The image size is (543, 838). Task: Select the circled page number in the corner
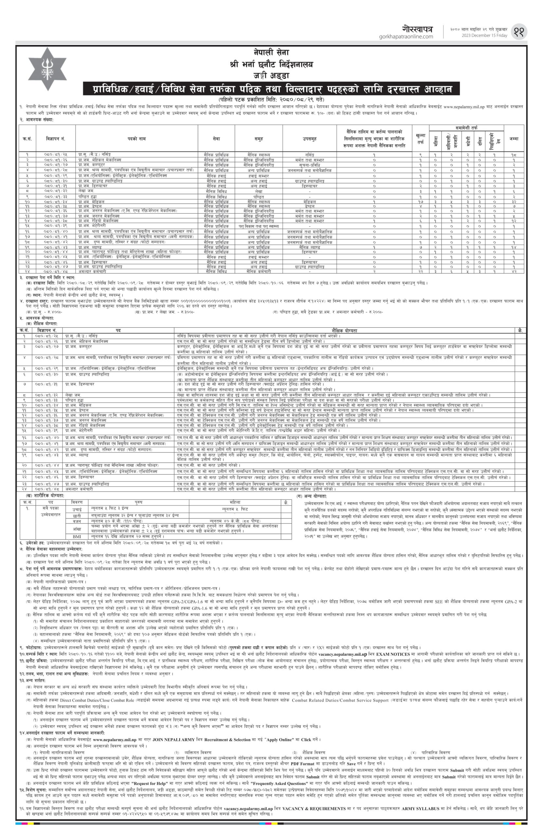click(520, 31)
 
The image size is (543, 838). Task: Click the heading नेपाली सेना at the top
click(271, 52)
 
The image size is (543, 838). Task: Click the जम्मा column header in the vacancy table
click(514, 139)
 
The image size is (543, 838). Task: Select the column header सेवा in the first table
click(216, 139)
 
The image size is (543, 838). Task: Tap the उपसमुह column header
click(309, 139)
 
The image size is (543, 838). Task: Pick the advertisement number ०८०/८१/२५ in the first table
click(55, 155)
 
